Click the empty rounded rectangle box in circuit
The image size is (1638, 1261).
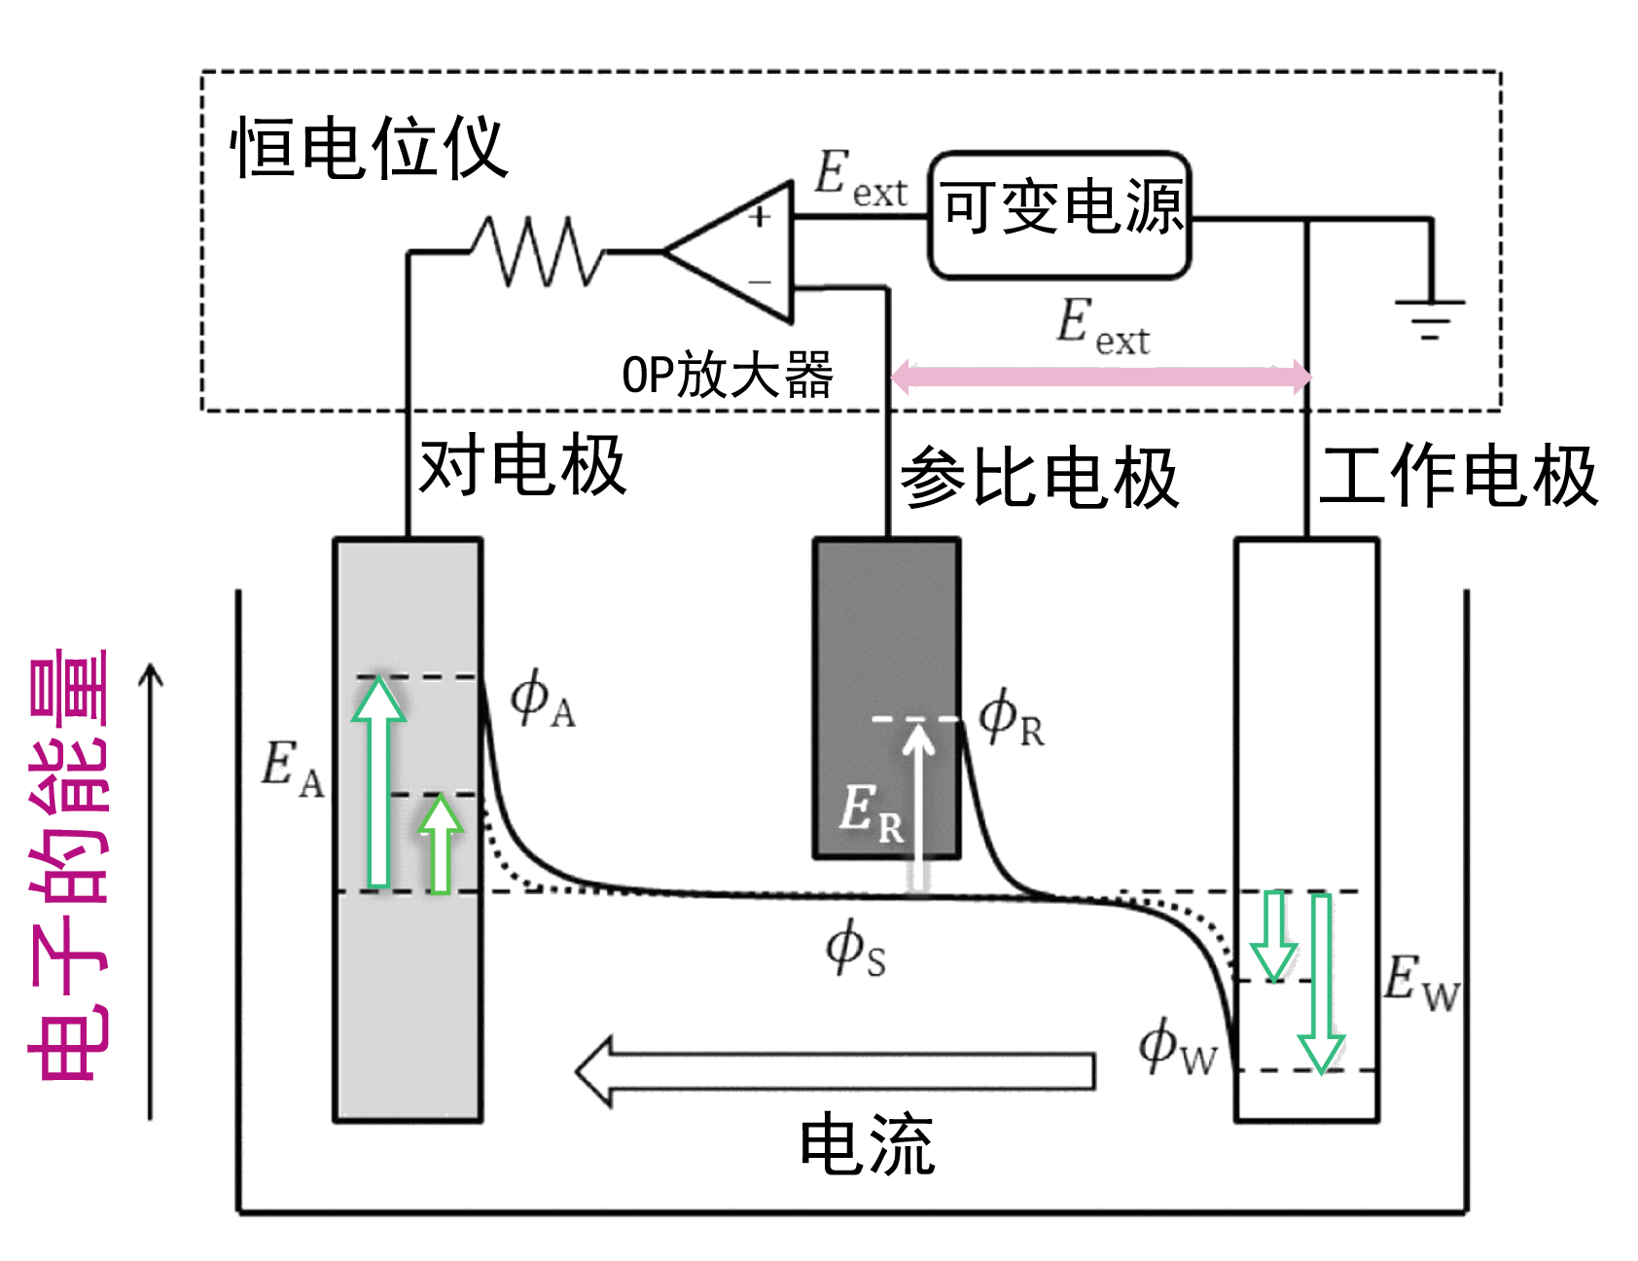tap(1058, 215)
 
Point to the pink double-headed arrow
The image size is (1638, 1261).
tap(1101, 376)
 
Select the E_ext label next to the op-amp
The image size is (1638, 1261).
tap(860, 178)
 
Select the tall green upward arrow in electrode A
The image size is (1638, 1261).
tap(378, 783)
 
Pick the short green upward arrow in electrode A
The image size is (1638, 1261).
tap(441, 845)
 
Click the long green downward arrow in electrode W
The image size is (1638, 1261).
tap(1321, 983)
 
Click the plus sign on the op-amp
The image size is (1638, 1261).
tap(761, 217)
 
